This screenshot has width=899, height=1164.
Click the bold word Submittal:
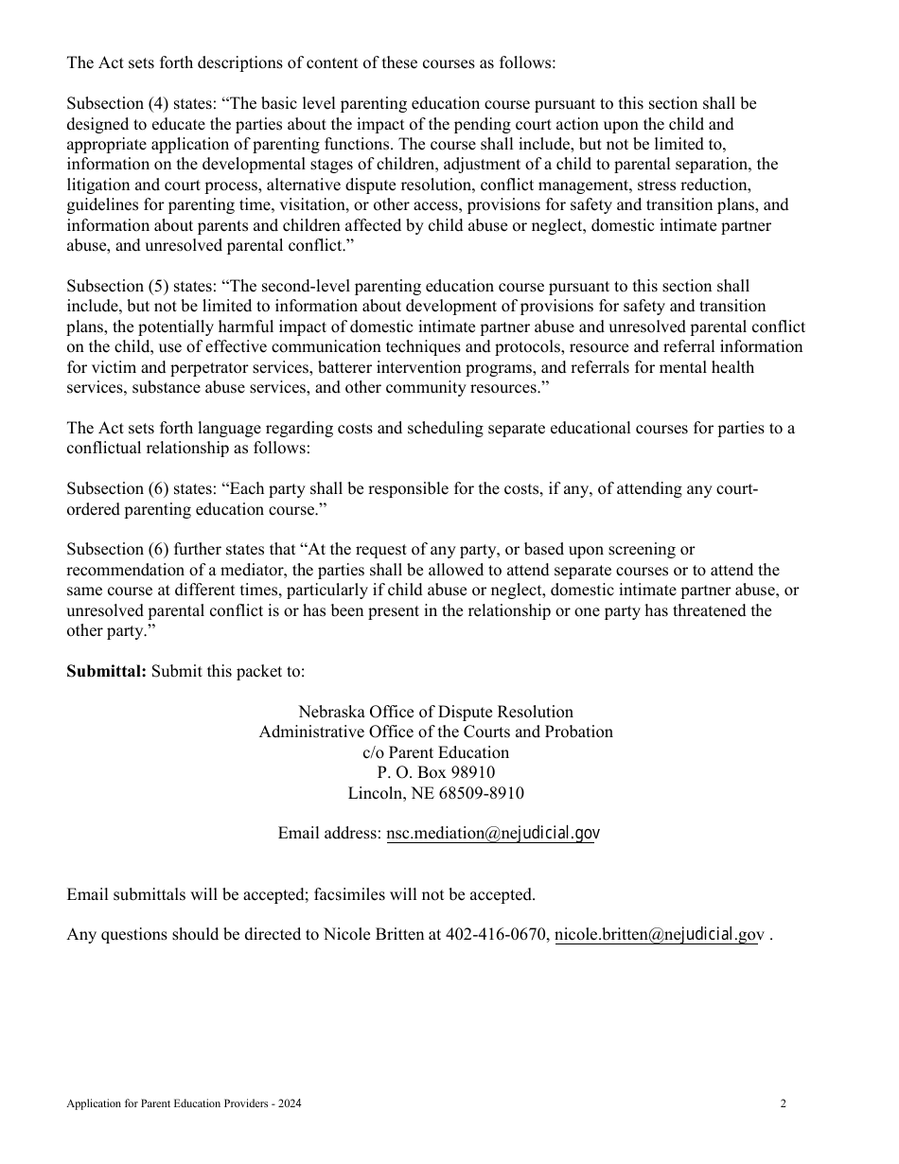(x=106, y=672)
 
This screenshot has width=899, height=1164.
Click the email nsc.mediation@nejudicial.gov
(x=492, y=834)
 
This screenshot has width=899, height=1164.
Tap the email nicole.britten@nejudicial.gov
(x=658, y=935)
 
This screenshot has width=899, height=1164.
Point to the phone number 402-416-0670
(x=497, y=935)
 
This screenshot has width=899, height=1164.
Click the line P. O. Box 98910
(x=435, y=773)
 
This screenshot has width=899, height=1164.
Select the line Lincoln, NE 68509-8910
(x=435, y=793)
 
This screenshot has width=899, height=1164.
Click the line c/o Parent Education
(x=435, y=753)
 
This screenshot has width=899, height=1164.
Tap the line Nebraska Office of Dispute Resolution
(x=435, y=712)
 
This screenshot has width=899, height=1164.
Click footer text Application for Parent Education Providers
(x=170, y=1103)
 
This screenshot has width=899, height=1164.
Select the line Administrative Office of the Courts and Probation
(x=435, y=732)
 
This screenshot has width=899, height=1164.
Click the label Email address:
(x=329, y=834)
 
